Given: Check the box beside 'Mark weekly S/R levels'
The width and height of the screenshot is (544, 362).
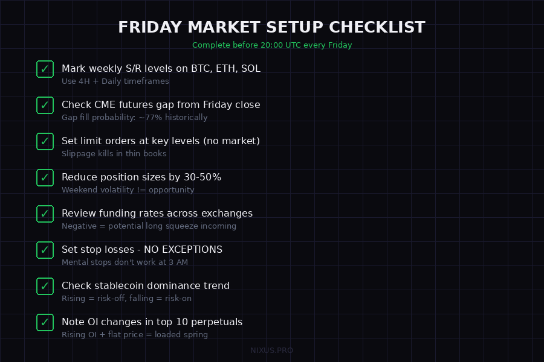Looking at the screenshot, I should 45,69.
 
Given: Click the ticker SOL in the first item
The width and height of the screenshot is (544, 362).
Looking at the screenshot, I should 250,69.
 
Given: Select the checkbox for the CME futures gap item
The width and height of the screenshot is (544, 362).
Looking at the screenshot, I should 45,105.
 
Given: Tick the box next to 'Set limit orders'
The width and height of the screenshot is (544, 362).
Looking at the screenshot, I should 45,141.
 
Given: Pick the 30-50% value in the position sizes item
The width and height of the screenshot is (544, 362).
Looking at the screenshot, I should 199,177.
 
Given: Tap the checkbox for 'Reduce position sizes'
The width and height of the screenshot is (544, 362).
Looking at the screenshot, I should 45,177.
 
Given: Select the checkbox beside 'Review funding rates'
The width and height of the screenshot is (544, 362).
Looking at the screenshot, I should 45,214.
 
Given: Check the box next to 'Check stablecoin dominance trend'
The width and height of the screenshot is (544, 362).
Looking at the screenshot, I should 45,286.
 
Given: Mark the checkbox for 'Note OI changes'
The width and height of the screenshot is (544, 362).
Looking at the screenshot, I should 45,322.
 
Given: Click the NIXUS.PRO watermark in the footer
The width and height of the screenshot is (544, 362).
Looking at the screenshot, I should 272,351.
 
